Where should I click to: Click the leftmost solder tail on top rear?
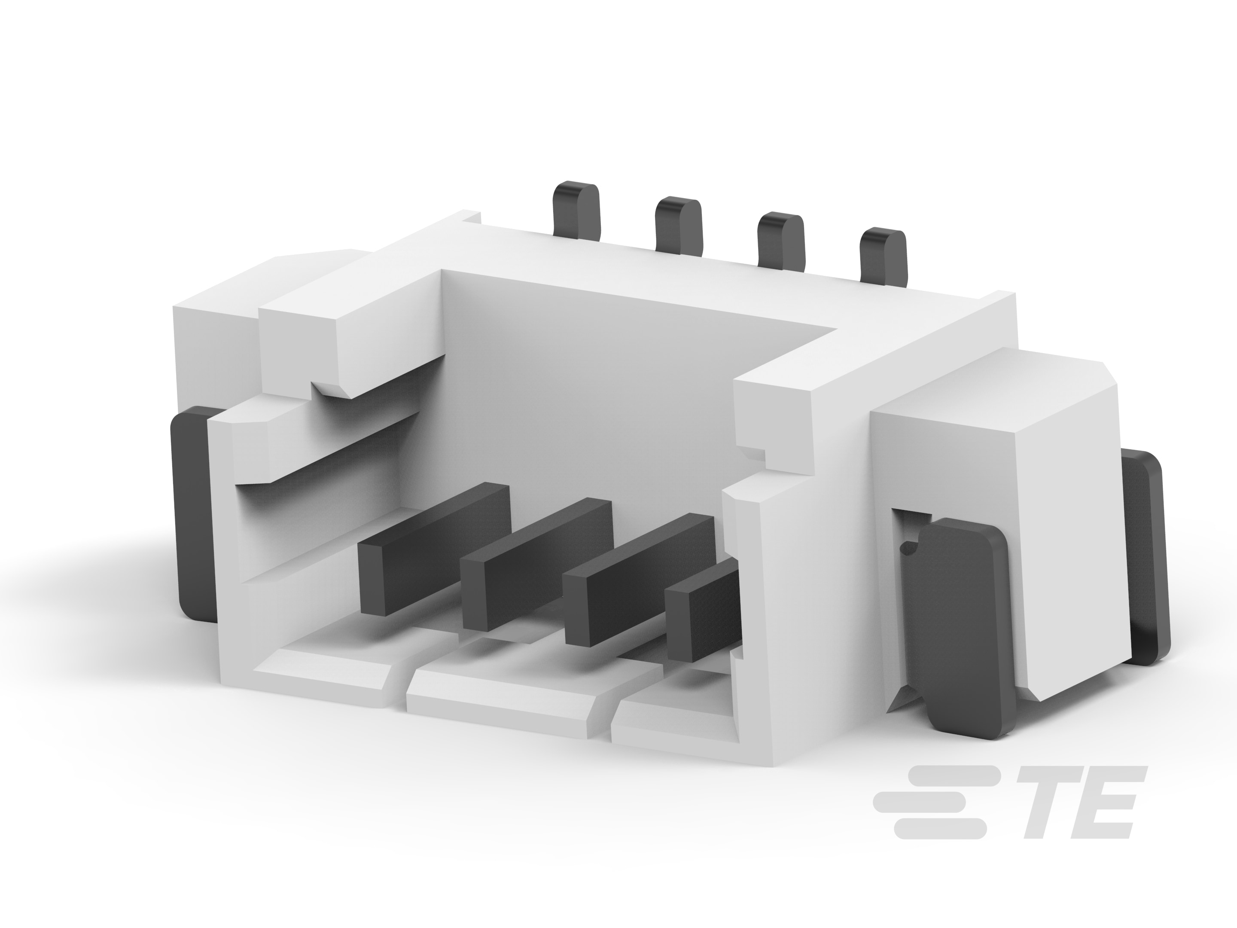576,211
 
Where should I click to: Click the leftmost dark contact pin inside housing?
434,550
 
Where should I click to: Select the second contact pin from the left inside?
536,565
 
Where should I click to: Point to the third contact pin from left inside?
639,580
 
